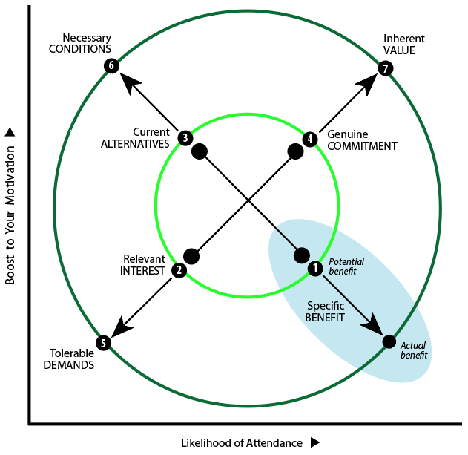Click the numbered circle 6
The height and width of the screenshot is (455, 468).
click(x=111, y=66)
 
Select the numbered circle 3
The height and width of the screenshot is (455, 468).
click(x=185, y=137)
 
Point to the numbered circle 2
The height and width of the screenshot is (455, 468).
click(x=179, y=270)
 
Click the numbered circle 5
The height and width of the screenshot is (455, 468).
click(x=104, y=343)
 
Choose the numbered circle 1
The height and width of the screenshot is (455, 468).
click(x=314, y=268)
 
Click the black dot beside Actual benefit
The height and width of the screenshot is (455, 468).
click(x=389, y=341)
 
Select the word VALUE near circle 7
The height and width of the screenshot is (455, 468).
click(x=399, y=50)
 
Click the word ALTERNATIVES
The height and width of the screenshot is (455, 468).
click(x=135, y=144)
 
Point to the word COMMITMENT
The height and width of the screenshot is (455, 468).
click(x=363, y=146)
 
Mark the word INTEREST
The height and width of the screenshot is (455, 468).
click(x=142, y=271)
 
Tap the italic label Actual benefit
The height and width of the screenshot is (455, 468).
click(x=414, y=350)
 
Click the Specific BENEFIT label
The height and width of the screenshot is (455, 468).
click(x=325, y=311)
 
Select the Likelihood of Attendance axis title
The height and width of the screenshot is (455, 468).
click(x=242, y=443)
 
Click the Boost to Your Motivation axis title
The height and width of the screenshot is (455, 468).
click(x=10, y=214)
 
